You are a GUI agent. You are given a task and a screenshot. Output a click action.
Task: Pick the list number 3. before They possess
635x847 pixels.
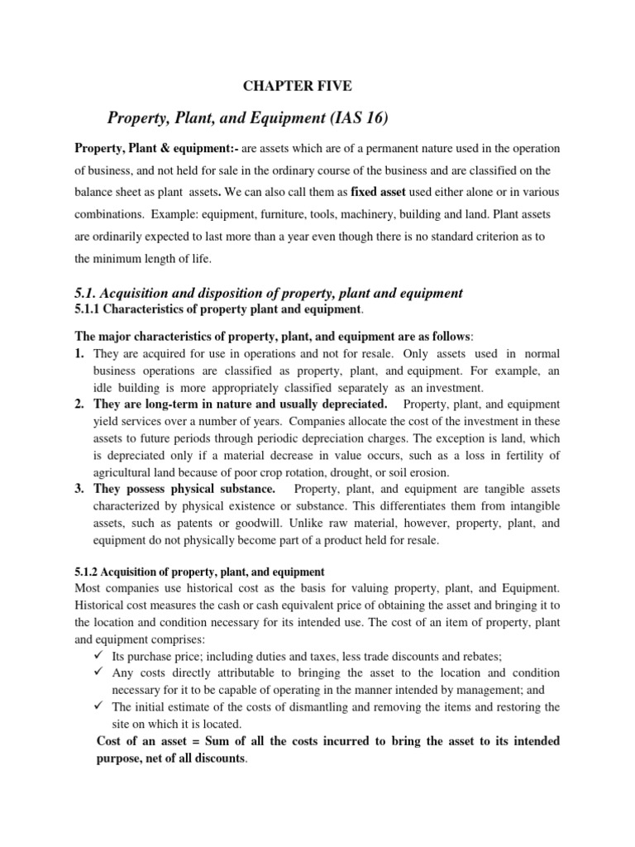(81, 489)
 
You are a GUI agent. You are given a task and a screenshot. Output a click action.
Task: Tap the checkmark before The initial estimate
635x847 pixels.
(99, 706)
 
